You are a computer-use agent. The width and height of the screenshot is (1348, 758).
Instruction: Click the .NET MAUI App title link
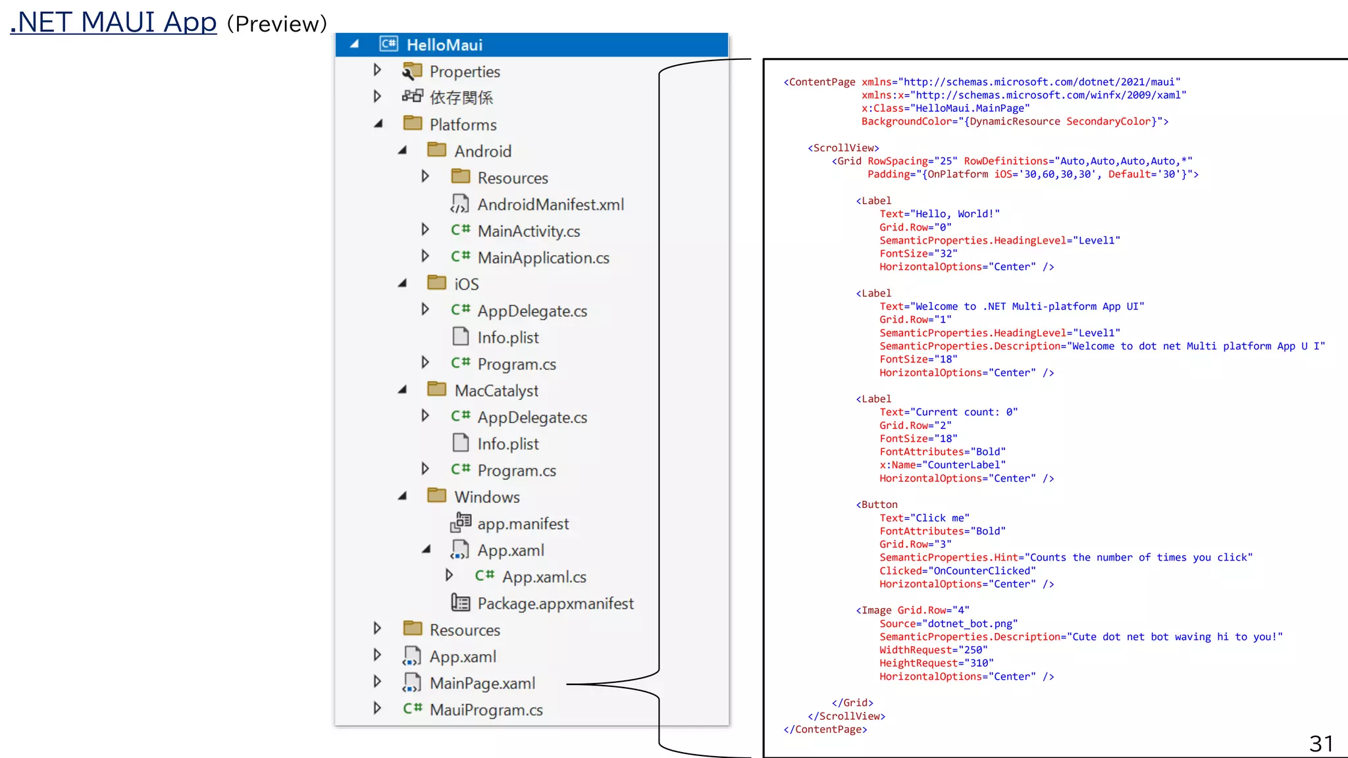coord(113,22)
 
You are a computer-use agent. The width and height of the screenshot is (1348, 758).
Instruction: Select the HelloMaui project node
coord(444,45)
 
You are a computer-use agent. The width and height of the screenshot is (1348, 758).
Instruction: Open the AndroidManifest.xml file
coord(550,205)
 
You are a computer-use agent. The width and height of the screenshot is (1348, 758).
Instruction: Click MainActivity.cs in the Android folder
coord(529,232)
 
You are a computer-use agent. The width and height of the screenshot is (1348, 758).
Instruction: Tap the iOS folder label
coord(466,284)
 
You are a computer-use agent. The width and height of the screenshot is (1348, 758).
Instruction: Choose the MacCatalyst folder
coord(496,391)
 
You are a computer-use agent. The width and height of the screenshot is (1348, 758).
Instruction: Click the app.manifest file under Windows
coord(523,524)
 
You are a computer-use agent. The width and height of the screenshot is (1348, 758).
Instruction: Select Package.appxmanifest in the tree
coord(555,603)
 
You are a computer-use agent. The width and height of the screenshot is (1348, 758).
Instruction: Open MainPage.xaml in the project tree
coord(482,684)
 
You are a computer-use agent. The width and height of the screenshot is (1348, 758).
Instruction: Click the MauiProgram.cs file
coord(486,710)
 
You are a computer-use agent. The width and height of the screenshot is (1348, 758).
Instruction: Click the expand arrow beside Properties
coord(377,70)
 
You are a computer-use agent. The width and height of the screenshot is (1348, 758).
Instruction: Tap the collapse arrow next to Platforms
coord(378,124)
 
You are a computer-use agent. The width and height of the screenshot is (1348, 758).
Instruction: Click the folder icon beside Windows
coord(436,495)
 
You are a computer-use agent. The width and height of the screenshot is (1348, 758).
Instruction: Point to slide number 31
coord(1320,744)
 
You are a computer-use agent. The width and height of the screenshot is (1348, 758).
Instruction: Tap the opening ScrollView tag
coord(843,148)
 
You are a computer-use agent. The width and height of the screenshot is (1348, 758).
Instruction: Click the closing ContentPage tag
coord(825,730)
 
